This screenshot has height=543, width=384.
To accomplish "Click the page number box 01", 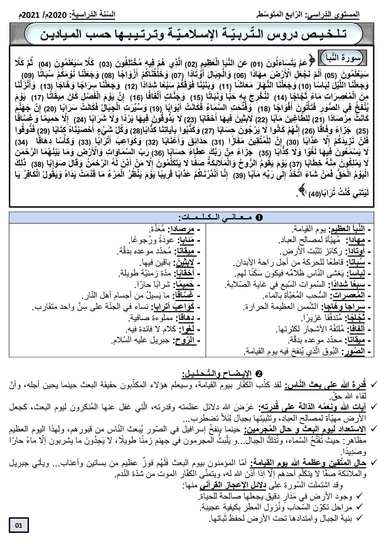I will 19,525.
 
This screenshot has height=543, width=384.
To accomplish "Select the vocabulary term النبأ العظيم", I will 347,229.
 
